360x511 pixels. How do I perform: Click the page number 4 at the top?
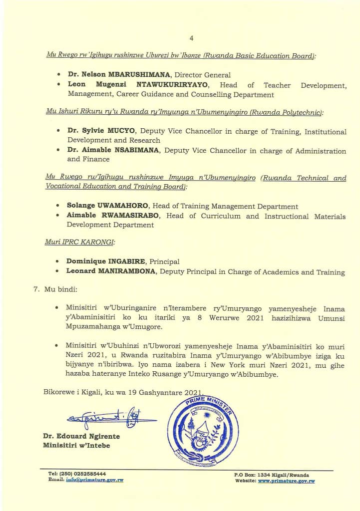click(191, 38)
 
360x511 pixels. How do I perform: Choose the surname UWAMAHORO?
click(122, 206)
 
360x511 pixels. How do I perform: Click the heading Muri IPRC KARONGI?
click(80, 242)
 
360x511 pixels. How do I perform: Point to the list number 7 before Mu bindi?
click(35, 289)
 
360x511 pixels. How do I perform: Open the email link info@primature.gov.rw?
click(94, 480)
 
